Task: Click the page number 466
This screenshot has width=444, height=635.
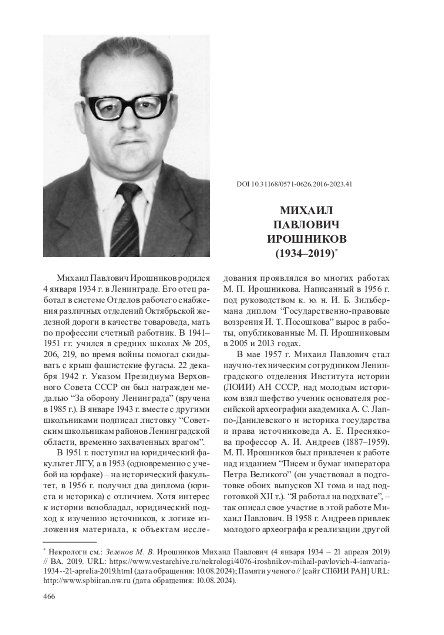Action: (49, 597)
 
